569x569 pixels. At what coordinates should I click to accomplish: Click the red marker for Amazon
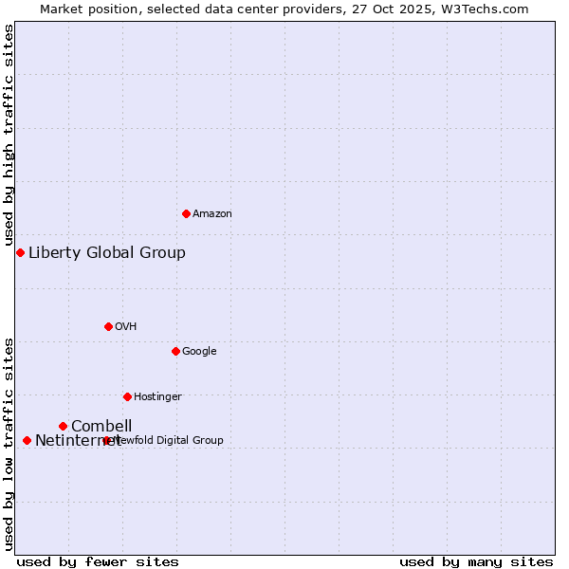[186, 213]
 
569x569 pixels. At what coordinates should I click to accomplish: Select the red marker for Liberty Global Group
[20, 252]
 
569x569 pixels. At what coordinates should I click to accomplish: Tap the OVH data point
[108, 326]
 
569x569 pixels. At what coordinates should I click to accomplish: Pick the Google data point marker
[175, 351]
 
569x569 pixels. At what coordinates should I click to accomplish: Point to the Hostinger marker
[127, 396]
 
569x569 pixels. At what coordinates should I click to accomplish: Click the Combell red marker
[63, 426]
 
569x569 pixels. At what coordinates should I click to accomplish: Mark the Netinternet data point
[27, 440]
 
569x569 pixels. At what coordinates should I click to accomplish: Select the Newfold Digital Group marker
[106, 440]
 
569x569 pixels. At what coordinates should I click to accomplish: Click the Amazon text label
[211, 213]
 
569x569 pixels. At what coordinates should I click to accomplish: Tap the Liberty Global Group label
[107, 252]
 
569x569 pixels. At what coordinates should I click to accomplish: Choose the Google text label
[199, 351]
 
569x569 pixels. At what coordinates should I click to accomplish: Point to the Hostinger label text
[157, 396]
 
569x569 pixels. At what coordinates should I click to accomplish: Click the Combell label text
[101, 426]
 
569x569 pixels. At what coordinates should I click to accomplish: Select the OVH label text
[125, 326]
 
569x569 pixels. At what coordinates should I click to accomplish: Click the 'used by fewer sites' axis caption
[98, 561]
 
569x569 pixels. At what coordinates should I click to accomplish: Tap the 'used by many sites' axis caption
[476, 561]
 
